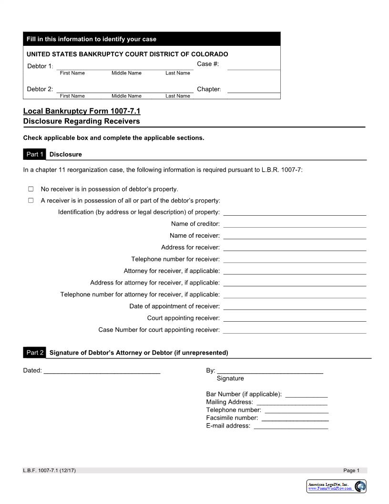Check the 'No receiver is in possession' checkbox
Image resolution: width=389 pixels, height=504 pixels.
(x=31, y=189)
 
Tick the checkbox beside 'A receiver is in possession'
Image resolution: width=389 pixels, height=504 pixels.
(x=31, y=200)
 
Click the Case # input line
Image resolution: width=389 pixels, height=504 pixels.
(x=254, y=67)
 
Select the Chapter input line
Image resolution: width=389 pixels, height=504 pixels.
(x=254, y=90)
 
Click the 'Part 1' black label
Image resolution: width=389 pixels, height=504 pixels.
(x=34, y=154)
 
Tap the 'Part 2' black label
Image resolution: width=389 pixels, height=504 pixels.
(x=34, y=353)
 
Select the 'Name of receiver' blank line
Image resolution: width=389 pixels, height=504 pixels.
(x=295, y=236)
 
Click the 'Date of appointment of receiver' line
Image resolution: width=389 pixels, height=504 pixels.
(x=295, y=307)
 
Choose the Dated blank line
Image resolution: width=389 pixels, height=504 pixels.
(x=102, y=371)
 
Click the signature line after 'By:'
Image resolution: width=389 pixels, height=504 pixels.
(x=270, y=371)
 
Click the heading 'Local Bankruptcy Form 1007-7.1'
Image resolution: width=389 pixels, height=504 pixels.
(x=82, y=111)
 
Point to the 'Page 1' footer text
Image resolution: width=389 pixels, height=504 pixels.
(x=351, y=471)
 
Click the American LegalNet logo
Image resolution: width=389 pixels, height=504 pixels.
(x=337, y=486)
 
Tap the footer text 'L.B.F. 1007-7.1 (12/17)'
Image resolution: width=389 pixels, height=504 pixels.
(x=50, y=471)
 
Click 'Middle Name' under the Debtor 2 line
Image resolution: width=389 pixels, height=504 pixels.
(x=126, y=96)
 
